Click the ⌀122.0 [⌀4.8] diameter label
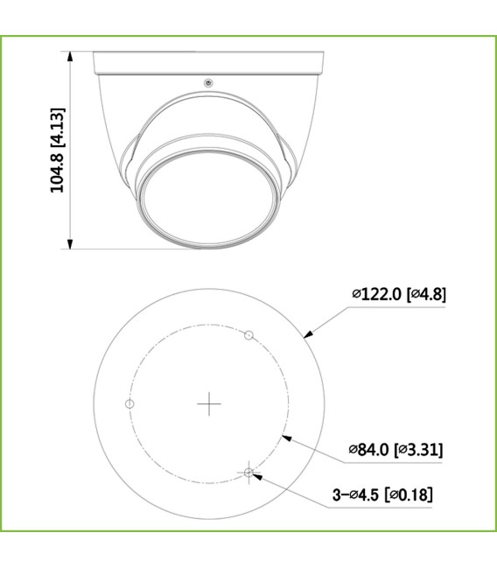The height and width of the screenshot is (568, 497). pyautogui.click(x=399, y=295)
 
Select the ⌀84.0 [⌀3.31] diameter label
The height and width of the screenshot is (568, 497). pyautogui.click(x=395, y=450)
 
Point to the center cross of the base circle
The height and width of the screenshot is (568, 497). pyautogui.click(x=210, y=403)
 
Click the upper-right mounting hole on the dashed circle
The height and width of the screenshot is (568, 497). pyautogui.click(x=248, y=335)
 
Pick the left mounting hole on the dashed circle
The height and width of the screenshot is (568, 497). pyautogui.click(x=129, y=403)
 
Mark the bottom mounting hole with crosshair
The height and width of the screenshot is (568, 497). pyautogui.click(x=249, y=473)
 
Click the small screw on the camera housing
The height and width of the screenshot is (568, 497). pyautogui.click(x=207, y=83)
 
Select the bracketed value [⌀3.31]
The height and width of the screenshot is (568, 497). pyautogui.click(x=418, y=450)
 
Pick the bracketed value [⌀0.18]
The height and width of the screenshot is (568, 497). pyautogui.click(x=408, y=495)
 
